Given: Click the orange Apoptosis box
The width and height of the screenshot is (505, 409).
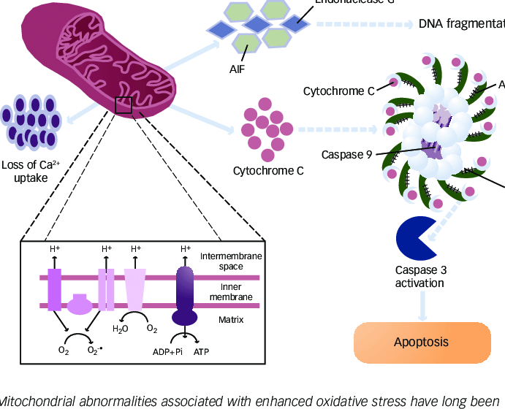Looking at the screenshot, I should [x=422, y=342].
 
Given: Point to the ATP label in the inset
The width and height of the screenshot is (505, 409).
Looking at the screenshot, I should [x=202, y=351].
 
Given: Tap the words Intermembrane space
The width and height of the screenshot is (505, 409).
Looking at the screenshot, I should [x=231, y=261].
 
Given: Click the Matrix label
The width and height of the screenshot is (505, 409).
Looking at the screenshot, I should [x=231, y=320].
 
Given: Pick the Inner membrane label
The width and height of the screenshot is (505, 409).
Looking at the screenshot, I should [x=231, y=291].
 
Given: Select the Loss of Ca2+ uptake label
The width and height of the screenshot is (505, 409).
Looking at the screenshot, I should [x=30, y=172].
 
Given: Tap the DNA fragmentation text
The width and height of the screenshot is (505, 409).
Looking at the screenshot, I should [x=461, y=24].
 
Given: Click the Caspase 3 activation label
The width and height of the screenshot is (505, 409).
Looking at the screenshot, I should [x=420, y=276].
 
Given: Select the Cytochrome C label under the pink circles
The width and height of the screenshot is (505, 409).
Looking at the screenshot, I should [x=268, y=172].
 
